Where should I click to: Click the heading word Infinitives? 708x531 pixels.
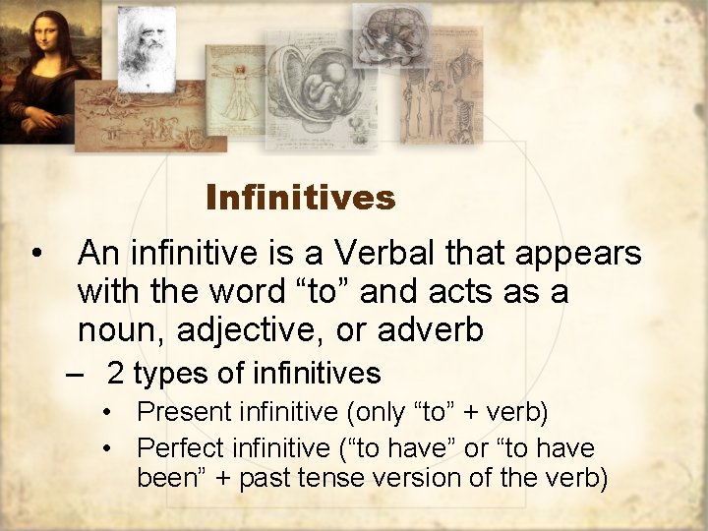(x=300, y=198)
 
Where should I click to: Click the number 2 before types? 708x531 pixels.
(x=115, y=374)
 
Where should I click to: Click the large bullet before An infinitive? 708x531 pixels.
(x=36, y=255)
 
